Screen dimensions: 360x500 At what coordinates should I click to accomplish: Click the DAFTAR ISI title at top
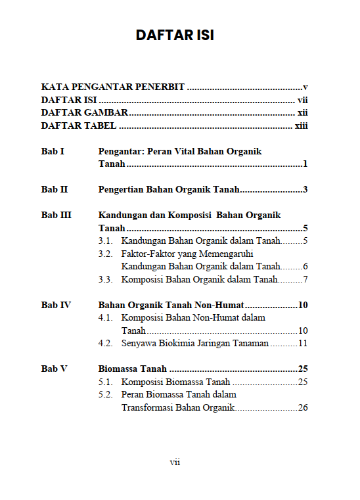click(x=175, y=35)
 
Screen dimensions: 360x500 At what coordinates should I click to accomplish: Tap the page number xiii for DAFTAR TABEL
click(x=302, y=125)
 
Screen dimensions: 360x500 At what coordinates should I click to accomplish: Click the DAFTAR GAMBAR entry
click(x=84, y=112)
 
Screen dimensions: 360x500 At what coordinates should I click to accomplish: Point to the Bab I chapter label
click(x=53, y=151)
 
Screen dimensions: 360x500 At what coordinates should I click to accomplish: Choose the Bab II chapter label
click(x=55, y=190)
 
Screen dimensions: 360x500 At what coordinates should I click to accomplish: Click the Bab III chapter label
click(x=56, y=215)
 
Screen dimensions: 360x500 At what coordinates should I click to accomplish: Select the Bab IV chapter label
click(x=56, y=305)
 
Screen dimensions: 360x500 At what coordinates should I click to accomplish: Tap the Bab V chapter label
click(x=54, y=369)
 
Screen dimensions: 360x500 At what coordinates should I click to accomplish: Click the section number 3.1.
click(x=105, y=241)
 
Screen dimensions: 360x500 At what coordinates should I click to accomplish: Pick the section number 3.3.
click(x=105, y=279)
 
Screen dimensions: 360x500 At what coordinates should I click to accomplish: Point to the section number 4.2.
click(x=105, y=343)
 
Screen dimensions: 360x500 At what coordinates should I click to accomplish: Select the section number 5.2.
click(x=105, y=394)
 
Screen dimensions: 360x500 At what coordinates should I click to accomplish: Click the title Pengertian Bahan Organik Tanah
click(x=168, y=190)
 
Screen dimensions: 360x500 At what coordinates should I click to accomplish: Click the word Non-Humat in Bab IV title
click(x=219, y=305)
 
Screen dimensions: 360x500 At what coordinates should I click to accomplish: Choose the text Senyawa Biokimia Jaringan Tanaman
click(x=195, y=343)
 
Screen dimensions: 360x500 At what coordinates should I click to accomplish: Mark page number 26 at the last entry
click(x=303, y=407)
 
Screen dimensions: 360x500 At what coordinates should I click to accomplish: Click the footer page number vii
click(x=175, y=462)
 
